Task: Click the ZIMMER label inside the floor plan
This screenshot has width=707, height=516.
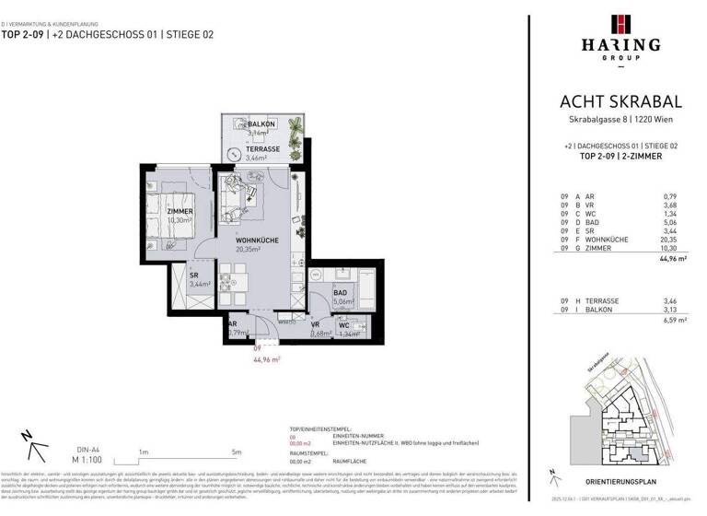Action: click(x=180, y=211)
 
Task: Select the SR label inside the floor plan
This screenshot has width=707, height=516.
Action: click(x=195, y=276)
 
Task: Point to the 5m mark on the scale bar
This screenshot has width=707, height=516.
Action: click(x=238, y=451)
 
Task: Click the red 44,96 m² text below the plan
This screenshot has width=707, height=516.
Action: click(x=266, y=360)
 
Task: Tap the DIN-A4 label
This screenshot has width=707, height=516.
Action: click(x=61, y=448)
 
